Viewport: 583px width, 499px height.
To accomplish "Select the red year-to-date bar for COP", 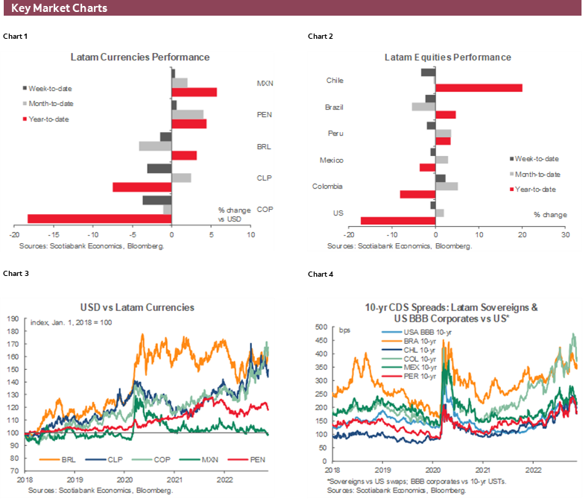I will [x=99, y=219].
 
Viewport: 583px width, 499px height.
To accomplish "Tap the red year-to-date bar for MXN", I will [x=195, y=92].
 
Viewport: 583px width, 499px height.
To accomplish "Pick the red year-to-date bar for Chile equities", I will [x=479, y=88].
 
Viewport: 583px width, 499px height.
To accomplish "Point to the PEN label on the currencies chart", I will [x=263, y=115].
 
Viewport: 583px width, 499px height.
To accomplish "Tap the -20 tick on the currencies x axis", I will [x=13, y=235].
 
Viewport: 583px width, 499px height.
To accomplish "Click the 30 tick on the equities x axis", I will [x=565, y=235].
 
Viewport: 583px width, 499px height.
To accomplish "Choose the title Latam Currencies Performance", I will [x=139, y=57].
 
